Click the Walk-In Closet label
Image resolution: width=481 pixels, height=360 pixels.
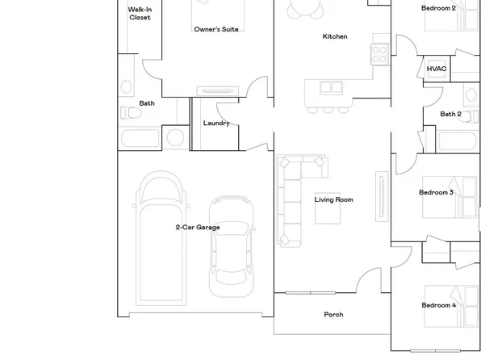(x=140, y=13)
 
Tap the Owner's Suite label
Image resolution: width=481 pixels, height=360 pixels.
(x=216, y=30)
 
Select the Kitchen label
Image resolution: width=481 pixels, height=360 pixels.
(x=335, y=36)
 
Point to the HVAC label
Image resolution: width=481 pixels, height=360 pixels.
(x=437, y=69)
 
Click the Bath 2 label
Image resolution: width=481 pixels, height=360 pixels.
(x=450, y=115)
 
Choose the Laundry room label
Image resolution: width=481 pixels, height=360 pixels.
(x=216, y=123)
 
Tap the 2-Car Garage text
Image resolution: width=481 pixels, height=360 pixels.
(x=198, y=228)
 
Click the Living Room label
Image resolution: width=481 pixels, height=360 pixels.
(x=333, y=199)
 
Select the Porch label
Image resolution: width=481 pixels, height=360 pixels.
(x=333, y=315)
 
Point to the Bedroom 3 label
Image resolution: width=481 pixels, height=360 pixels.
(x=436, y=193)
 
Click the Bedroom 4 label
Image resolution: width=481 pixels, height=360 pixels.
(x=438, y=306)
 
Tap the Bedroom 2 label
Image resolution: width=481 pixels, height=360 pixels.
(x=438, y=8)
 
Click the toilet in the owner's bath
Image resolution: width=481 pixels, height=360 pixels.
(x=128, y=112)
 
